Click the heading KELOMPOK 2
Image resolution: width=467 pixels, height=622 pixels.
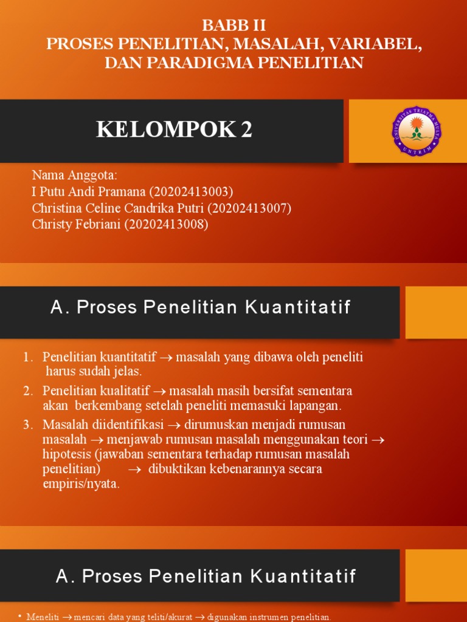click(174, 129)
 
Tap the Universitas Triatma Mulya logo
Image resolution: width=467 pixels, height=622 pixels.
click(417, 131)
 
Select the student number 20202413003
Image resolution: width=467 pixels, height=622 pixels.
click(191, 193)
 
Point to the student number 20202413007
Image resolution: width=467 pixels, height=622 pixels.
click(249, 208)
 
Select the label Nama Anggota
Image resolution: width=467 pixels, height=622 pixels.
click(74, 176)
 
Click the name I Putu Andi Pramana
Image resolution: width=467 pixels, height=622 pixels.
click(88, 193)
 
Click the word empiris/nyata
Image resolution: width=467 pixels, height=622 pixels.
click(81, 484)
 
